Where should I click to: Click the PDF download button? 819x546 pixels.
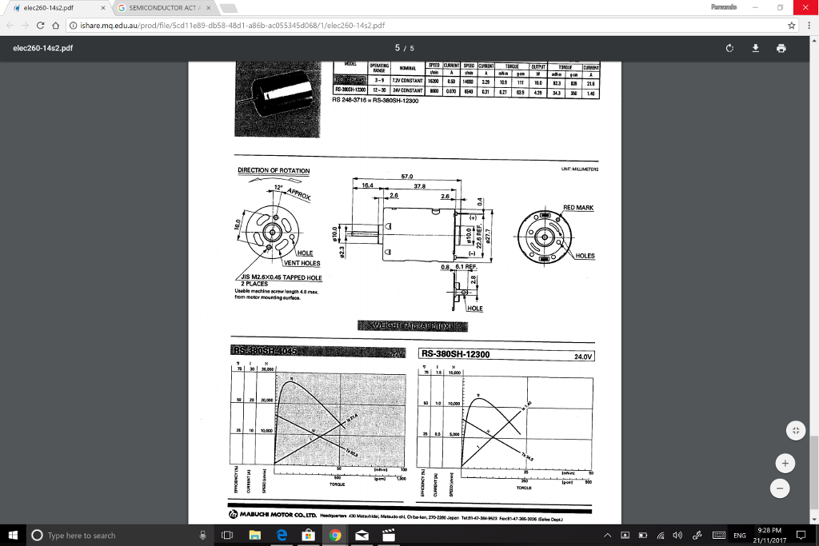[x=756, y=48]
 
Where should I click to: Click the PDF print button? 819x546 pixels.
[x=781, y=48]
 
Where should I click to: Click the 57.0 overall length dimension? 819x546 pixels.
[x=406, y=176]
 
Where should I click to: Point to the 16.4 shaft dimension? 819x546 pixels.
[x=367, y=185]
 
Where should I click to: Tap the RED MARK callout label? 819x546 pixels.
[x=579, y=207]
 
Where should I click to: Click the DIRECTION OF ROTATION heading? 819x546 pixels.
[x=274, y=170]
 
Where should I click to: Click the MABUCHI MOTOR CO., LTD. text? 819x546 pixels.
[x=276, y=516]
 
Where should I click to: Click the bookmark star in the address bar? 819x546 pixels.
[x=790, y=25]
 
